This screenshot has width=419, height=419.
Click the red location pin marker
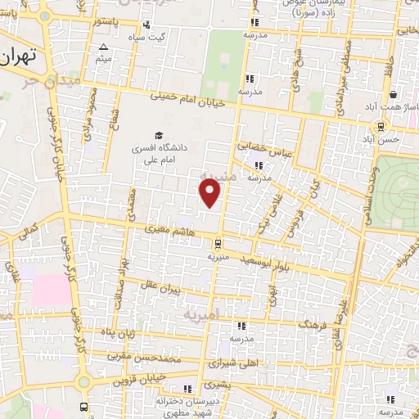[210, 194]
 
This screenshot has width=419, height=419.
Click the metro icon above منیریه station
[218, 242]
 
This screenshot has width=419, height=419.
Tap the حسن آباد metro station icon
[380, 126]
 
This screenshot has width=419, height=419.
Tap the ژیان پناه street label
[116, 333]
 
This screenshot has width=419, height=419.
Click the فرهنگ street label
[313, 325]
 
